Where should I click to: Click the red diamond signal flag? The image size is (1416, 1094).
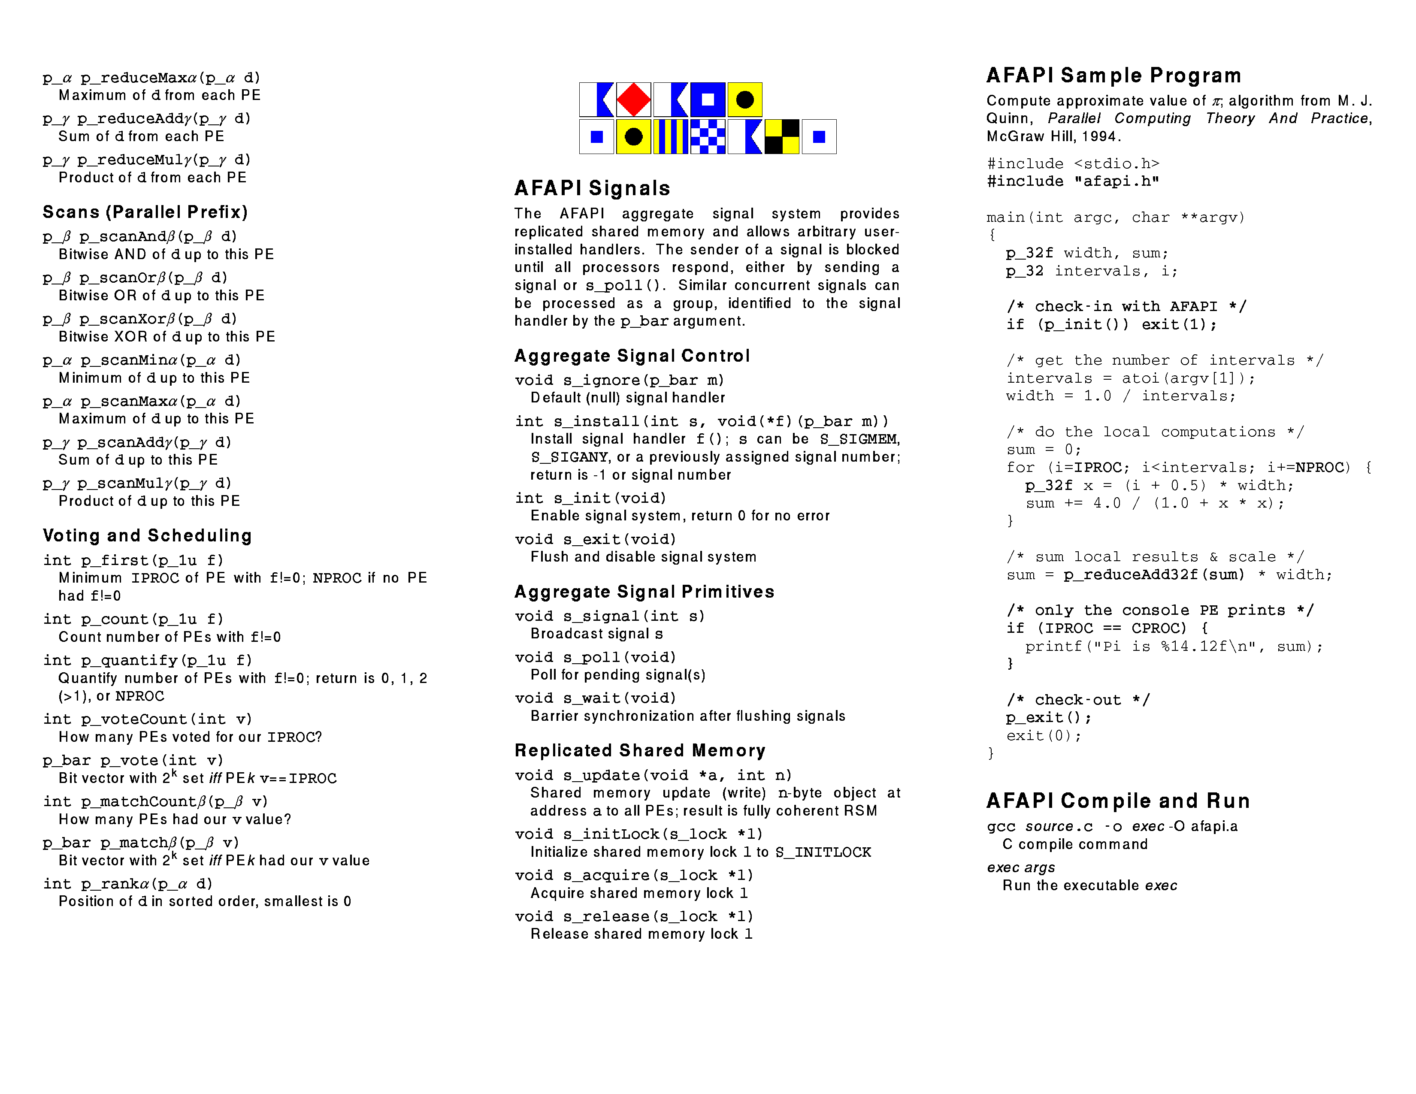coord(633,100)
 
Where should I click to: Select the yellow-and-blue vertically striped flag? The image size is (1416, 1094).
coord(670,137)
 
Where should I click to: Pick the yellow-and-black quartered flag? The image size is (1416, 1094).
coord(782,137)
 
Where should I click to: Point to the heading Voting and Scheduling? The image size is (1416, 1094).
coord(147,535)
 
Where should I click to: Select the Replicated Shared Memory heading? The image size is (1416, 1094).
coord(640,750)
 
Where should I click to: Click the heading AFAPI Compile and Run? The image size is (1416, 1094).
coord(1118,801)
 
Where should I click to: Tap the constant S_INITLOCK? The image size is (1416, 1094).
coord(823,852)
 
